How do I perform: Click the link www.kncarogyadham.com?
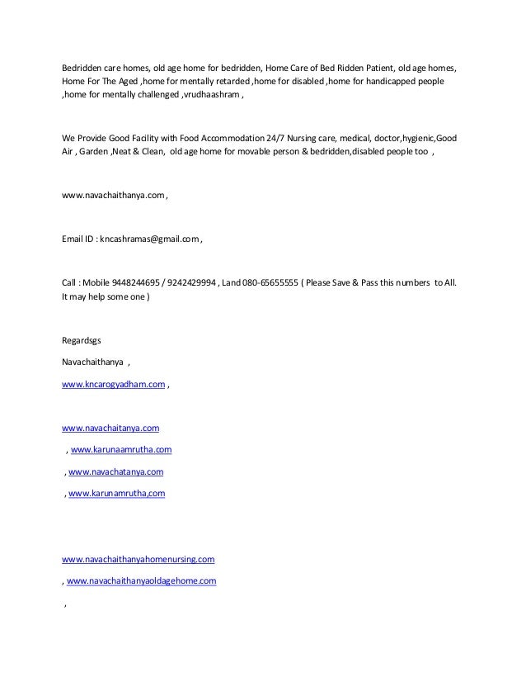[x=114, y=385]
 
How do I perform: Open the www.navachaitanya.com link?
[x=110, y=429]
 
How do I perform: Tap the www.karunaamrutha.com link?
[x=121, y=450]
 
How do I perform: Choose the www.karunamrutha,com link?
[x=116, y=493]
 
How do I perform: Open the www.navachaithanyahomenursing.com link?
[x=139, y=559]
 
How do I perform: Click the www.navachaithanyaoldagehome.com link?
[x=141, y=580]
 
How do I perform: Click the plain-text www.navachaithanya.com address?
[x=114, y=196]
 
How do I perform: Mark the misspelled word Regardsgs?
[x=82, y=341]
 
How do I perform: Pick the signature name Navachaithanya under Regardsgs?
[x=92, y=362]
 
